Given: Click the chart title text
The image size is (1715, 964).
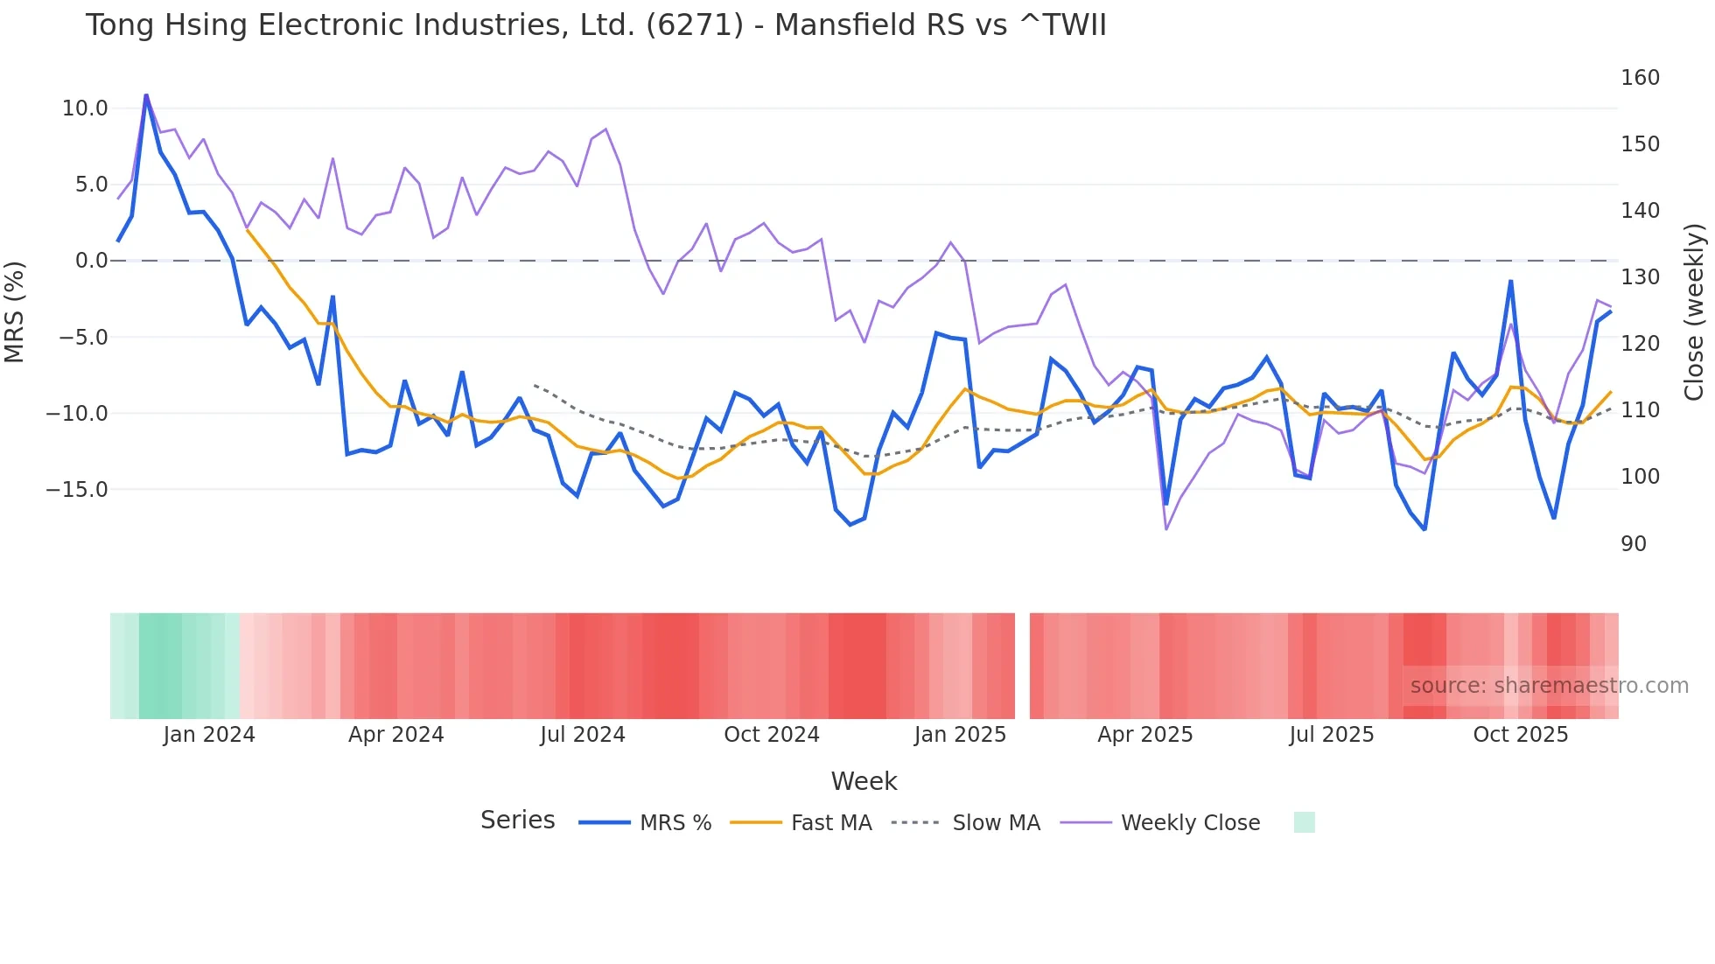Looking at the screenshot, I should point(595,25).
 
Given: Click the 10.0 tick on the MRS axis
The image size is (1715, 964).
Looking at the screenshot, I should point(85,108).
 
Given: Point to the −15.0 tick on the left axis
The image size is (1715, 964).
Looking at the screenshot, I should point(77,490).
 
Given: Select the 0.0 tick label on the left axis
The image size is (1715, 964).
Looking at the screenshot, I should point(91,261).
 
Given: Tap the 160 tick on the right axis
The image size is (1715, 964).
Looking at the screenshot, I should point(1640,78).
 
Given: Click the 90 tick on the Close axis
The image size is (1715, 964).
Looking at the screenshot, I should point(1634,544).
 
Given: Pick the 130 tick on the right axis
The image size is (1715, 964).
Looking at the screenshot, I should point(1640,277).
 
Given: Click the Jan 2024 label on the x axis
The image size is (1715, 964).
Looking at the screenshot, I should point(209,735).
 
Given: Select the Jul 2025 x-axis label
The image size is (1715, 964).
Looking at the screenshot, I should point(1331,735).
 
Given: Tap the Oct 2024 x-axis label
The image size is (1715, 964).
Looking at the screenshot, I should point(771,735).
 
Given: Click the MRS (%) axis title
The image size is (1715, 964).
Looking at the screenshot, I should point(15,311).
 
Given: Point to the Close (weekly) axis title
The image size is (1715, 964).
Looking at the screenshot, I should point(1694,312).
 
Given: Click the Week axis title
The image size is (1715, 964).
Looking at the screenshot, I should point(864,781).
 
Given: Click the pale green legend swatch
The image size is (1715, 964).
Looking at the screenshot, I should point(1304,822).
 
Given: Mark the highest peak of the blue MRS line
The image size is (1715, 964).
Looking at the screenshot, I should point(146,94).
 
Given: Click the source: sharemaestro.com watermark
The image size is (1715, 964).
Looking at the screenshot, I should point(1549,686).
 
